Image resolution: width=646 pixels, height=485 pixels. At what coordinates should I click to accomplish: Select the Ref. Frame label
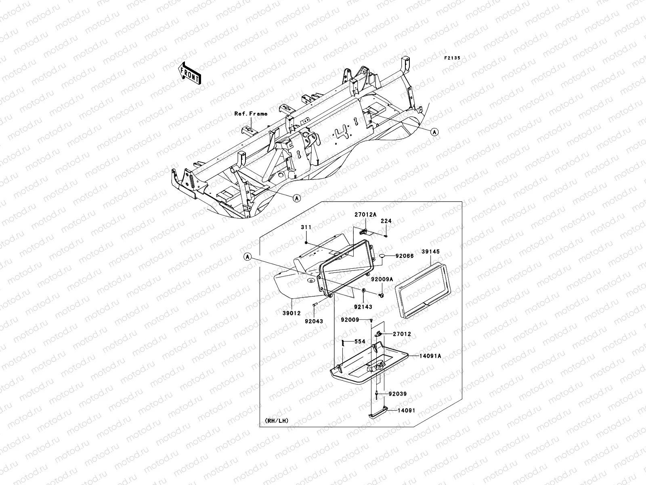pos(251,114)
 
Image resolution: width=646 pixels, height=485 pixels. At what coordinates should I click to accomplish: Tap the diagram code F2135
pos(453,58)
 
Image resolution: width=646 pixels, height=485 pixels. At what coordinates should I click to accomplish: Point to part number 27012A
pos(365,214)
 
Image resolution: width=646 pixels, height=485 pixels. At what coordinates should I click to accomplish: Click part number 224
pos(386,221)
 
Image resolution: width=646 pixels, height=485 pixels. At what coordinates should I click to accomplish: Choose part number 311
pos(306,227)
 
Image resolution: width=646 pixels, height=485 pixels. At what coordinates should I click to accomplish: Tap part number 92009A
pos(382,279)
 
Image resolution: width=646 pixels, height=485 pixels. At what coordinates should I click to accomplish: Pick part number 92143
pos(363,307)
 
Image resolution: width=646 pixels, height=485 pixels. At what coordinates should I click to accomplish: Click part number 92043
pos(315,322)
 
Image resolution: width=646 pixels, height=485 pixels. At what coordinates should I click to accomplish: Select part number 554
pos(360,342)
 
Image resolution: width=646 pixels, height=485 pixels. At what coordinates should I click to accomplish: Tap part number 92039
pos(398,394)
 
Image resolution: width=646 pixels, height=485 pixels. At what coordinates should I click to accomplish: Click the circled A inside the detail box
pos(248,257)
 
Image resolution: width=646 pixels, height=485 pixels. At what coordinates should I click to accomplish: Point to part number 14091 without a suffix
pos(406,410)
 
